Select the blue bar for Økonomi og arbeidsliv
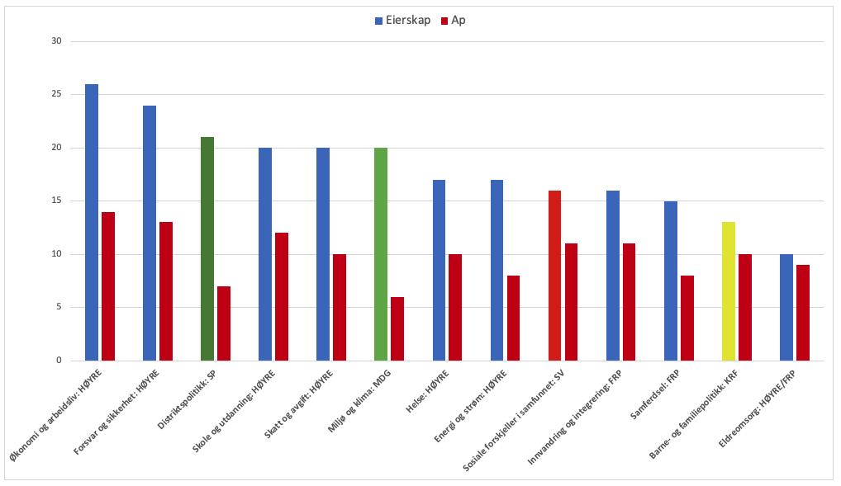tap(92, 223)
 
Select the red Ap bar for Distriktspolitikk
tap(224, 323)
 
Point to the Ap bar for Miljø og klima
tap(397, 328)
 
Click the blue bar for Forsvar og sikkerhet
tap(150, 234)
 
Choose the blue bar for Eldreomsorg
tap(786, 308)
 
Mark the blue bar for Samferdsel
tap(671, 281)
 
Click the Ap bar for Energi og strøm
tap(513, 318)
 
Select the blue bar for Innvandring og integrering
tap(613, 276)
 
